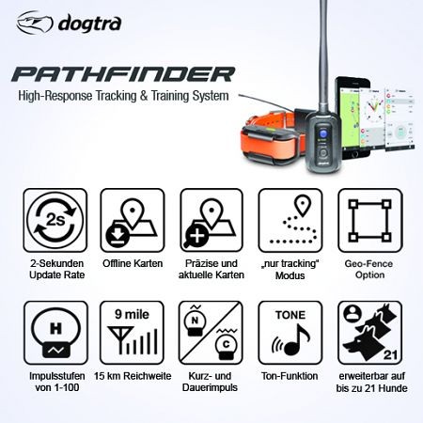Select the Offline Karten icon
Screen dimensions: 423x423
(128, 225)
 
